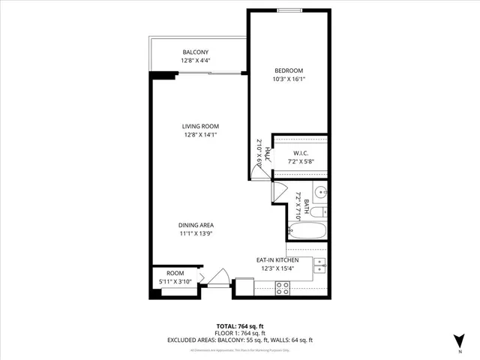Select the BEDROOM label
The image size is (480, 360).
coord(288,70)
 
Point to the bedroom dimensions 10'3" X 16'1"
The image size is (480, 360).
coord(288,78)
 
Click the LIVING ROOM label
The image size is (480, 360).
coord(205,126)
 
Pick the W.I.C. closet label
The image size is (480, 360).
coord(300,153)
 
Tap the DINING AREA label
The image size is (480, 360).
coord(196,225)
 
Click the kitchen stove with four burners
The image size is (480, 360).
coord(283,287)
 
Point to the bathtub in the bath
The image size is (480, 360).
coord(307,230)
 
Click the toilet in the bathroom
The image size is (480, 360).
coord(321,211)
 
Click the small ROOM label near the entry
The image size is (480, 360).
coord(175,274)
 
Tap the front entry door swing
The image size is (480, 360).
coord(218,279)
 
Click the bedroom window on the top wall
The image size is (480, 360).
coord(289,11)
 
